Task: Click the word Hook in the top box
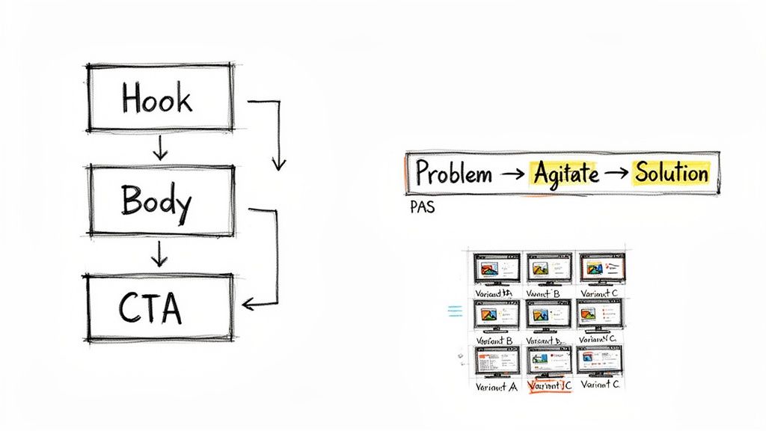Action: click(157, 100)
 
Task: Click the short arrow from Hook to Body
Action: click(159, 148)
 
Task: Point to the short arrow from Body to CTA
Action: click(159, 255)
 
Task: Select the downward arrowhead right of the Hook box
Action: click(278, 162)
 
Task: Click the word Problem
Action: click(453, 174)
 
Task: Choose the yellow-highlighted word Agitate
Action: click(566, 174)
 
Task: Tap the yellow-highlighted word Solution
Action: click(671, 173)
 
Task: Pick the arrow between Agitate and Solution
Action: click(617, 174)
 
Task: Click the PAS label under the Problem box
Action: click(422, 208)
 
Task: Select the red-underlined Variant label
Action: click(550, 387)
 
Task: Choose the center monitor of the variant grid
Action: click(549, 315)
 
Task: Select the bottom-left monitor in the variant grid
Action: click(496, 362)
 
